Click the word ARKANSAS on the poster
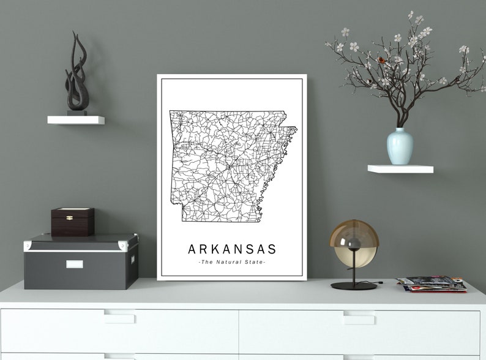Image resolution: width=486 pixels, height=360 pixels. point(232,249)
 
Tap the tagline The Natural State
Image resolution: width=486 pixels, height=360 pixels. point(232,262)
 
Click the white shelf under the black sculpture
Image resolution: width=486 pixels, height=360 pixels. point(76,120)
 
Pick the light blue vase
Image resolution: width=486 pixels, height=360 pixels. point(400,146)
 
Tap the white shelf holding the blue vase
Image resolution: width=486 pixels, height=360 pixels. point(400,169)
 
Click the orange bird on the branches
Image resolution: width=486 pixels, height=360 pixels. point(381,60)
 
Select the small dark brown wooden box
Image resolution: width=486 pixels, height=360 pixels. point(72,222)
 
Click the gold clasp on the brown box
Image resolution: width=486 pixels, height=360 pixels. point(69,217)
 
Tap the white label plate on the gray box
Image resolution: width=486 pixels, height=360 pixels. point(74,264)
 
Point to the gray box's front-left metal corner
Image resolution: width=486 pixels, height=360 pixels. point(28,246)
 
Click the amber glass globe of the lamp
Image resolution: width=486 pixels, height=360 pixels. point(354,243)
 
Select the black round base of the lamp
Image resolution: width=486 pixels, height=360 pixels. point(354,285)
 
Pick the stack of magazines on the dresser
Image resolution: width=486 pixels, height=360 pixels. point(431,284)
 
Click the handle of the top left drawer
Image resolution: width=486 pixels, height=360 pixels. point(119,318)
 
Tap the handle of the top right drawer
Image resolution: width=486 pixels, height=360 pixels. point(359,318)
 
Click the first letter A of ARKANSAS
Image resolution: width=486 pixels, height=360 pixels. point(192,249)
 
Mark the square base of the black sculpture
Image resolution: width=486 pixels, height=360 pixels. point(77,112)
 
